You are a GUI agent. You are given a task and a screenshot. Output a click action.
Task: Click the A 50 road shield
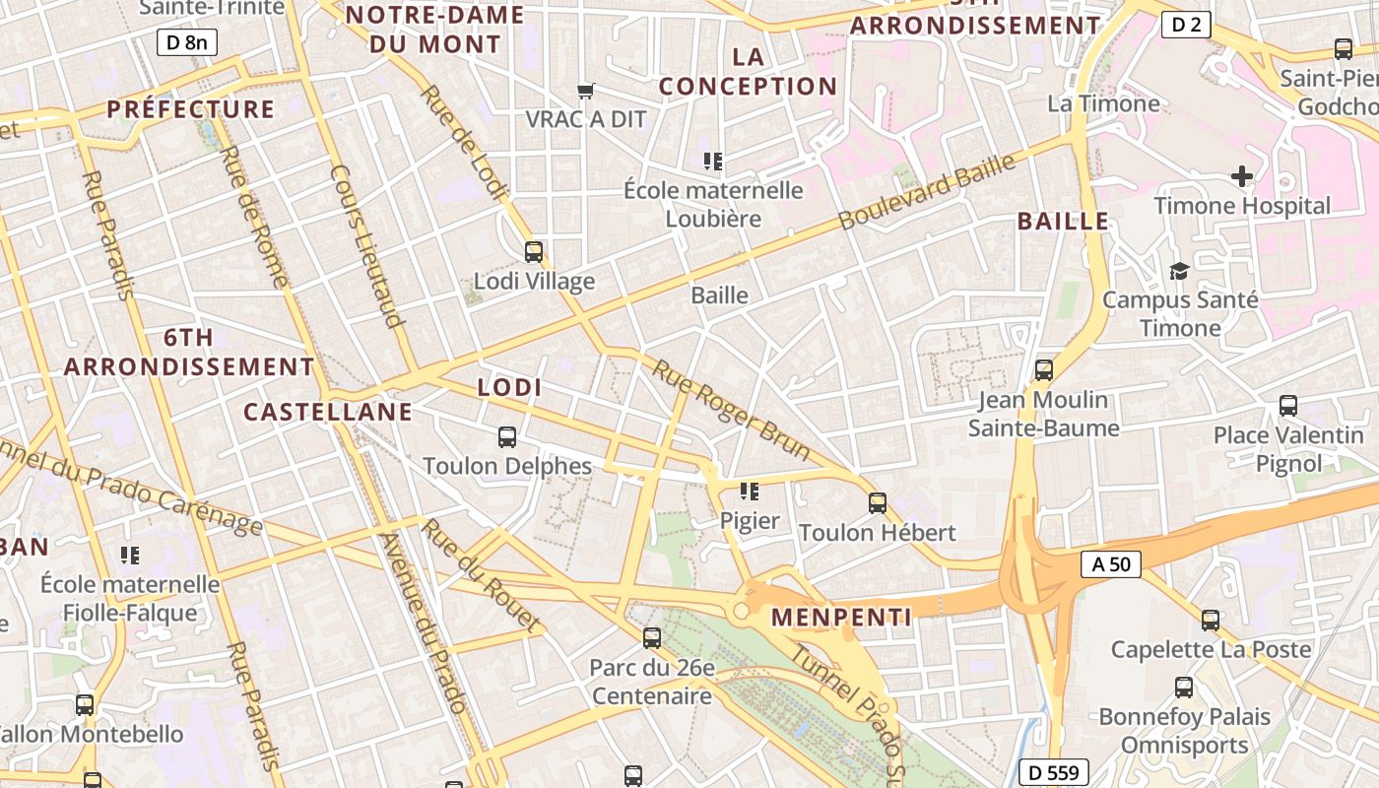pos(1111,564)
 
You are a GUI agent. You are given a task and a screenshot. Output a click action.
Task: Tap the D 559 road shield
pos(1054,773)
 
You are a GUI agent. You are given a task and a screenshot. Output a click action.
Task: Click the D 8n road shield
pos(186,41)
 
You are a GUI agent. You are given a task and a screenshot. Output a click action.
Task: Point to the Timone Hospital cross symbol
pos(1242,176)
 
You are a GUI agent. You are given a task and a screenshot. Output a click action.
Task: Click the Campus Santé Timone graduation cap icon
pos(1179,271)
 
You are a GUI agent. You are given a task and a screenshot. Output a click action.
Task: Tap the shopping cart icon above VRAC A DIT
pos(586,91)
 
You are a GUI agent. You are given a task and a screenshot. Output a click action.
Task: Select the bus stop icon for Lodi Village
pos(534,252)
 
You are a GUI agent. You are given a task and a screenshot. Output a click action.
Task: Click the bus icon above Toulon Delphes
pos(507,437)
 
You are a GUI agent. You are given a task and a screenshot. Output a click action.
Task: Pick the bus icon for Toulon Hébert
pos(878,503)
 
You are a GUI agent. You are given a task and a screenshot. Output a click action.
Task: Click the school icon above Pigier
pos(750,491)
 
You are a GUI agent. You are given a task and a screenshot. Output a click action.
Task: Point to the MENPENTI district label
pos(841,619)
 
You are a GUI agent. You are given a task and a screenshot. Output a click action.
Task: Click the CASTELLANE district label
pos(328,412)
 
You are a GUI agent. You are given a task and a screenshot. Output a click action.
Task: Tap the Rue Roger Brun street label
pos(731,410)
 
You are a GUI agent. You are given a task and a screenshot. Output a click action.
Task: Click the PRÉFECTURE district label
pos(190,109)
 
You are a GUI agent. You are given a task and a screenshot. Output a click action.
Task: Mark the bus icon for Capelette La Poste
pos(1211,621)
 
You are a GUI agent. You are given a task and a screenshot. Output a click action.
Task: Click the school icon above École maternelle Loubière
pos(713,161)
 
